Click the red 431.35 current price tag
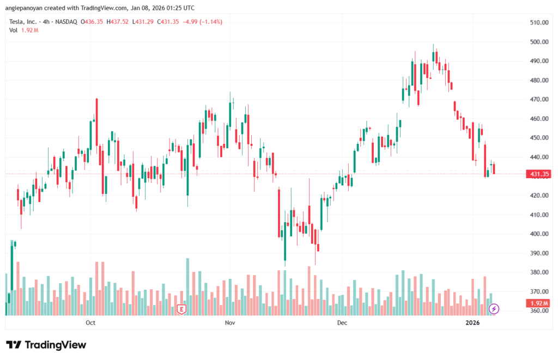click(x=537, y=174)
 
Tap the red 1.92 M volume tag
click(x=537, y=303)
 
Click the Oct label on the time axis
click(x=91, y=322)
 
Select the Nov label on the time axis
click(x=230, y=322)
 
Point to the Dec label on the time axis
click(x=342, y=322)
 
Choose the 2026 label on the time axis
click(x=472, y=322)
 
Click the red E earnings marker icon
click(x=181, y=309)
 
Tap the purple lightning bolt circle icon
click(x=494, y=309)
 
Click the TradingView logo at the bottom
click(x=46, y=345)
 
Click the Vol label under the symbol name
click(x=14, y=30)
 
